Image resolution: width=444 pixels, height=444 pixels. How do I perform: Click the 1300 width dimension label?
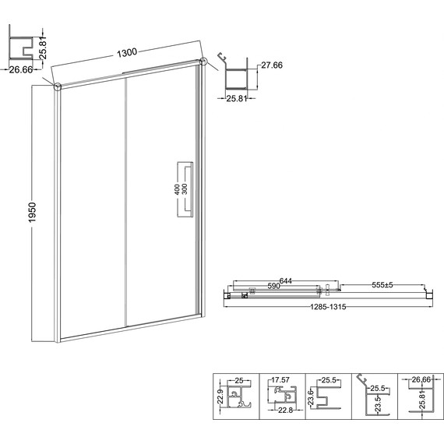tap(127, 52)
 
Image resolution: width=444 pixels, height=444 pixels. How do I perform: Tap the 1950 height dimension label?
tap(33, 212)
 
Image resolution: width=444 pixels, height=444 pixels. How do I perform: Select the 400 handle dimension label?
tap(177, 189)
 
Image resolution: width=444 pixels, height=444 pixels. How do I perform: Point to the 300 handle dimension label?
tap(185, 189)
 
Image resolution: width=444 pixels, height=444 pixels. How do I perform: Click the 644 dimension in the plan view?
tap(285, 281)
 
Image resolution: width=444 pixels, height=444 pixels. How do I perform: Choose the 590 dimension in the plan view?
tap(274, 286)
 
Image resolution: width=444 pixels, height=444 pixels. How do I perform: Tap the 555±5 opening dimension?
tap(382, 285)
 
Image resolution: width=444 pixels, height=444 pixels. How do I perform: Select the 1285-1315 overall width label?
tap(328, 307)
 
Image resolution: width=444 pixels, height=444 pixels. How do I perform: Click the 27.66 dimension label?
tap(272, 65)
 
